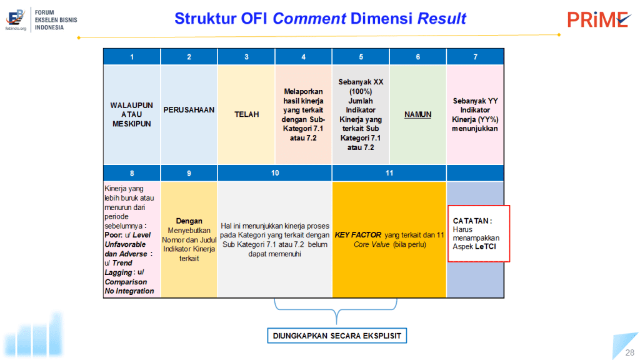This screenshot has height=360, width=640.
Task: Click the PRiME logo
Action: tap(598, 19)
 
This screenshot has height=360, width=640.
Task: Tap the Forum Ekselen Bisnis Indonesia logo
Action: tap(41, 19)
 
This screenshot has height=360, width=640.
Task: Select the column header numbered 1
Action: tap(132, 57)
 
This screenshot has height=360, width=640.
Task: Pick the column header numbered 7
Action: tap(475, 57)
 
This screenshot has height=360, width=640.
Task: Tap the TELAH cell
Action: tap(246, 114)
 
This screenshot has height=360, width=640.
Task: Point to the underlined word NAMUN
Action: tap(417, 115)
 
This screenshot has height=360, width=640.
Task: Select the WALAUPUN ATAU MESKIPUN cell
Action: tap(132, 114)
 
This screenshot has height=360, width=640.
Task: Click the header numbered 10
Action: tap(275, 173)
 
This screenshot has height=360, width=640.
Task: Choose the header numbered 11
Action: tap(389, 173)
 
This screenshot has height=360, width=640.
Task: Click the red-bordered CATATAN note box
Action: tap(479, 234)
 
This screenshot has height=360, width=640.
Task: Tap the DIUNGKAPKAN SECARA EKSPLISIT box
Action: tap(337, 336)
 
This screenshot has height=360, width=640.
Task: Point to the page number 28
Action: tap(630, 352)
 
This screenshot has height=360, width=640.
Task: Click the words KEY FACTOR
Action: tap(358, 235)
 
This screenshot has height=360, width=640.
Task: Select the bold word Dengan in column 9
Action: tap(189, 221)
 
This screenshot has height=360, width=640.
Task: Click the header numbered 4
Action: tap(303, 57)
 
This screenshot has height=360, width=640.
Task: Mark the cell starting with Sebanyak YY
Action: tap(475, 114)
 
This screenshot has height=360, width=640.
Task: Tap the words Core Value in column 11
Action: tap(371, 244)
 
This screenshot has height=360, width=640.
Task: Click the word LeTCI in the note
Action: tap(485, 246)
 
